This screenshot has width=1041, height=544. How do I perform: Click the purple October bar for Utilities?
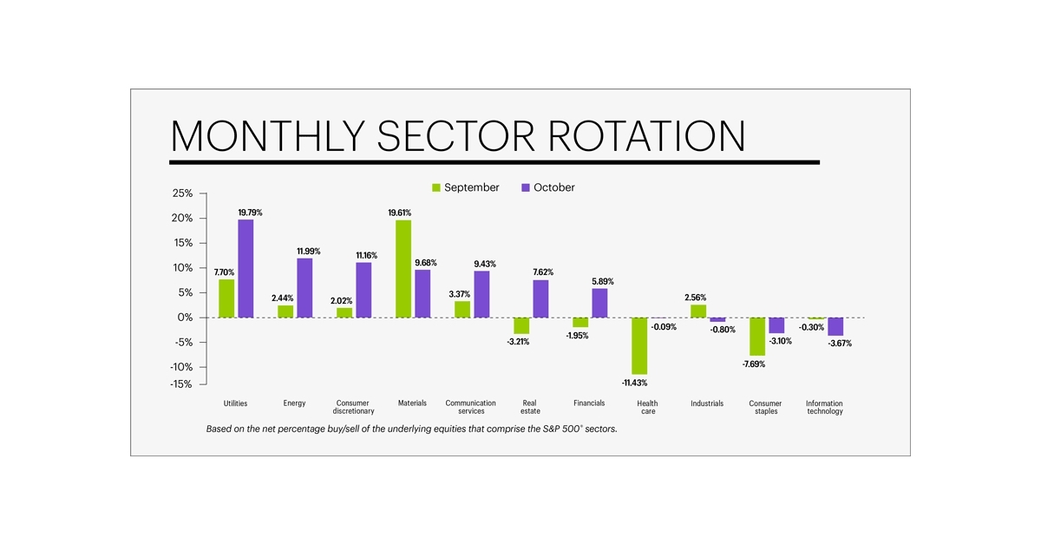tap(246, 268)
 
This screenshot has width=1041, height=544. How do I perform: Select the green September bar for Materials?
tap(403, 269)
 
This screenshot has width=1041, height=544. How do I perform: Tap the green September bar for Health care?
tap(639, 345)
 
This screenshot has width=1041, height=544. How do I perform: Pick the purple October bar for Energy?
tap(305, 288)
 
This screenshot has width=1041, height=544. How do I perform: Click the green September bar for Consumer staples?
tap(757, 337)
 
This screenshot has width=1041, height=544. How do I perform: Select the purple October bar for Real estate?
tap(540, 298)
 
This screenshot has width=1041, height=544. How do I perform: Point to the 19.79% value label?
tap(250, 213)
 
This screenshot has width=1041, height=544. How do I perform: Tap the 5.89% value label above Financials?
tap(602, 281)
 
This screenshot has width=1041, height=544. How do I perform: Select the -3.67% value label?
tap(838, 344)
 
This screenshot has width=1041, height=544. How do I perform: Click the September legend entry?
tap(465, 187)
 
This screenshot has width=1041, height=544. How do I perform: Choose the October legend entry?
tap(547, 187)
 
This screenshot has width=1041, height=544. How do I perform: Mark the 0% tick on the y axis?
tap(185, 318)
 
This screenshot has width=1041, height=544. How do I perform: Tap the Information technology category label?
tap(824, 407)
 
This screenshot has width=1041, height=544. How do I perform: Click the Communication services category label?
tap(471, 407)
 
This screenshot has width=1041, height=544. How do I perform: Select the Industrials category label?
tap(707, 403)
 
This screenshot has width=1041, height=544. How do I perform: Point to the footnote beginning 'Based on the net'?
tap(411, 429)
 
